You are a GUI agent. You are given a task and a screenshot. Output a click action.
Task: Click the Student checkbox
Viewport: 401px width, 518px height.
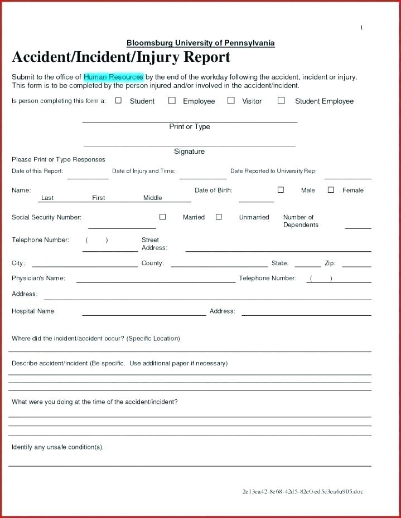click(x=118, y=101)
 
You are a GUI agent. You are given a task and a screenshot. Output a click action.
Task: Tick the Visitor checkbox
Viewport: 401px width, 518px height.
click(x=231, y=101)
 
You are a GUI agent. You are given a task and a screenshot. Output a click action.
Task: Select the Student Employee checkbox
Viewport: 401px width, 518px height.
click(x=281, y=101)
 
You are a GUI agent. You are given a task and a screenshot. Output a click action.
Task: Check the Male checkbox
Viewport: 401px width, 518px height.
click(x=281, y=190)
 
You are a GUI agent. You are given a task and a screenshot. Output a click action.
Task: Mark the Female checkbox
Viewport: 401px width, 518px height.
click(x=331, y=190)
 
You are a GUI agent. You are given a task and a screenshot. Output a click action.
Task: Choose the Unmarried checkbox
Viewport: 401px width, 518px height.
click(x=219, y=217)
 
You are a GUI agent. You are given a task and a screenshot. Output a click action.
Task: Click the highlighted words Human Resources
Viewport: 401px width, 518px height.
click(x=113, y=77)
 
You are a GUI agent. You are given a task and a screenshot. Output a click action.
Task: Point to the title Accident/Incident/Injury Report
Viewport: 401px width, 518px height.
click(x=121, y=57)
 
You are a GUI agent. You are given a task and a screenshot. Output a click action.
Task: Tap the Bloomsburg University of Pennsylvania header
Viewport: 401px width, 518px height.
click(x=200, y=43)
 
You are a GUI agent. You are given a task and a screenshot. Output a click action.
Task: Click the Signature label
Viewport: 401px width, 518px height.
click(x=189, y=152)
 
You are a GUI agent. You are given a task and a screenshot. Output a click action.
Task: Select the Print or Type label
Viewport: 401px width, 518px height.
click(x=190, y=127)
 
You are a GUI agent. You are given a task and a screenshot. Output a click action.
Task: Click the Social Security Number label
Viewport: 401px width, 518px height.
click(x=46, y=217)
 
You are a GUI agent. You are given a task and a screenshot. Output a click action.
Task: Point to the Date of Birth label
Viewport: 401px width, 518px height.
click(x=213, y=190)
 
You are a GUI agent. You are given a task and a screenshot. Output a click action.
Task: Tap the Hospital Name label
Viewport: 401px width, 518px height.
click(x=33, y=311)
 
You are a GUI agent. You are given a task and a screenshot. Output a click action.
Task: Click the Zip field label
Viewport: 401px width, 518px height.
click(x=330, y=263)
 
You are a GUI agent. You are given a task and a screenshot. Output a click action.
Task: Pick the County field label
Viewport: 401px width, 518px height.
click(x=152, y=263)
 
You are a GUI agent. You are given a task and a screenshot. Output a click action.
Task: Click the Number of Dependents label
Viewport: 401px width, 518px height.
click(x=300, y=221)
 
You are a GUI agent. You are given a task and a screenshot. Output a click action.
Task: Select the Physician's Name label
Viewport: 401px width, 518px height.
click(x=38, y=278)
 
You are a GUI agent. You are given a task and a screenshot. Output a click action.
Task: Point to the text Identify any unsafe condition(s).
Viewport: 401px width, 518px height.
click(x=57, y=447)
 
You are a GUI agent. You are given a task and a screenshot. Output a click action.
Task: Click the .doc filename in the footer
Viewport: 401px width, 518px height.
click(x=302, y=492)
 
